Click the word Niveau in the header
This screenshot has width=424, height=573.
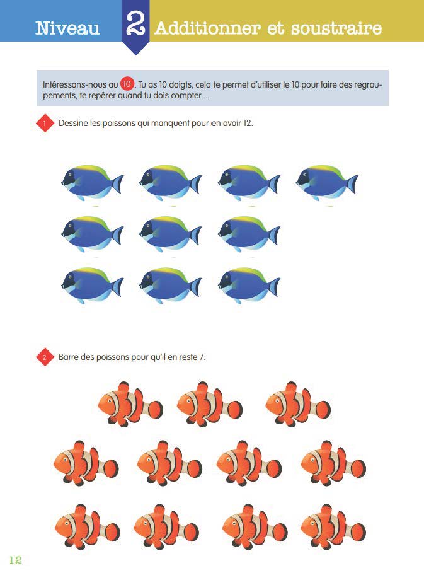click(x=67, y=28)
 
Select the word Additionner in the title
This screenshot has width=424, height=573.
click(x=208, y=28)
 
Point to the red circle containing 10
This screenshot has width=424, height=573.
click(x=127, y=84)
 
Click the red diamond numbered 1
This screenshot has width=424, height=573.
click(x=45, y=123)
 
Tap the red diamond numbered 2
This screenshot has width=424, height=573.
click(x=45, y=357)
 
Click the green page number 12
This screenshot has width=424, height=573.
click(x=15, y=560)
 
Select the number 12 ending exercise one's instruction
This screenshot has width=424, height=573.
click(x=247, y=123)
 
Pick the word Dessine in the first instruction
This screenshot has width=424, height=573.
click(x=73, y=123)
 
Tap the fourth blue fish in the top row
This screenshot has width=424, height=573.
click(x=327, y=182)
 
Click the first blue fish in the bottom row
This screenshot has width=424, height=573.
click(x=93, y=286)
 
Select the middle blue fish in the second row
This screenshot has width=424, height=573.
click(x=170, y=234)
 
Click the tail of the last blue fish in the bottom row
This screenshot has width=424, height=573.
click(x=273, y=287)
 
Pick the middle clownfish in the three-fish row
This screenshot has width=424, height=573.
click(x=210, y=404)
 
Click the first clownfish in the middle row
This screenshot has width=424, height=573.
click(x=86, y=463)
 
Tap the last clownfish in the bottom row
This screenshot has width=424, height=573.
click(x=333, y=526)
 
